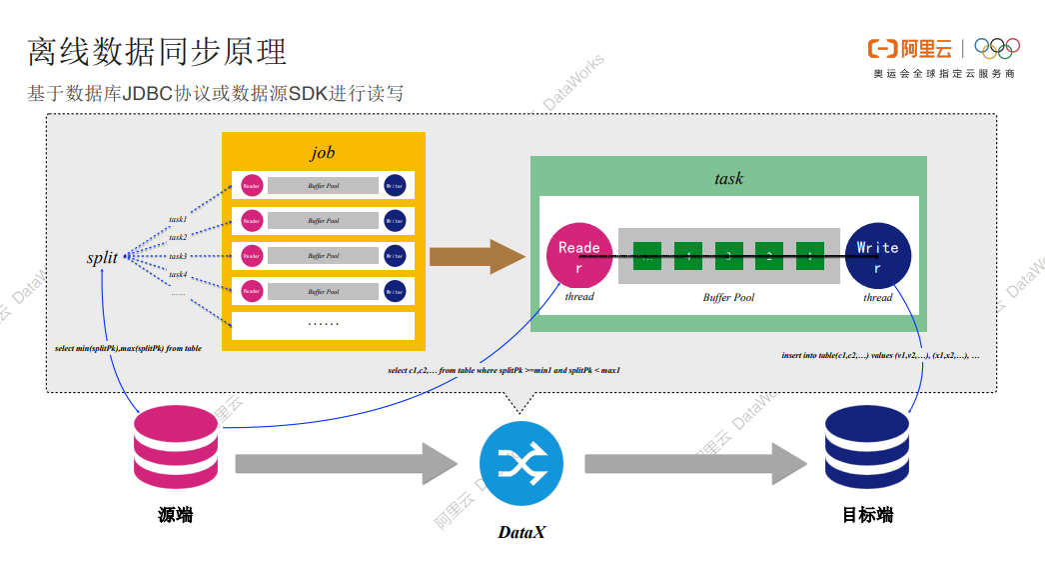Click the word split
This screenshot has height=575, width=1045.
pos(102,258)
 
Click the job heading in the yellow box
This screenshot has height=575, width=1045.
pos(322,153)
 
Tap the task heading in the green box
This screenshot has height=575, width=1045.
pos(728,178)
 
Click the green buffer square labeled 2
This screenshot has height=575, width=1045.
pos(768,256)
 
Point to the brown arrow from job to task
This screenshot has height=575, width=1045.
pos(477,256)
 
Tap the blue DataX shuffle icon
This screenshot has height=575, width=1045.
pos(521,463)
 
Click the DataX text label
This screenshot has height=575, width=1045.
pos(522,532)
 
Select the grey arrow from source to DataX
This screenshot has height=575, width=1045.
pos(345,463)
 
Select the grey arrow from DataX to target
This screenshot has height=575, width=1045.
pos(694,463)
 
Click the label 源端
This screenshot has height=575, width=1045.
pos(175,515)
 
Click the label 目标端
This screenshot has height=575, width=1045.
pos(867,515)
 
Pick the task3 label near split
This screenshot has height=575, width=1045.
pos(178,256)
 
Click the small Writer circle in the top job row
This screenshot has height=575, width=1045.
pos(395,185)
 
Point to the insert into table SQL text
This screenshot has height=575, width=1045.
pos(879,355)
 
